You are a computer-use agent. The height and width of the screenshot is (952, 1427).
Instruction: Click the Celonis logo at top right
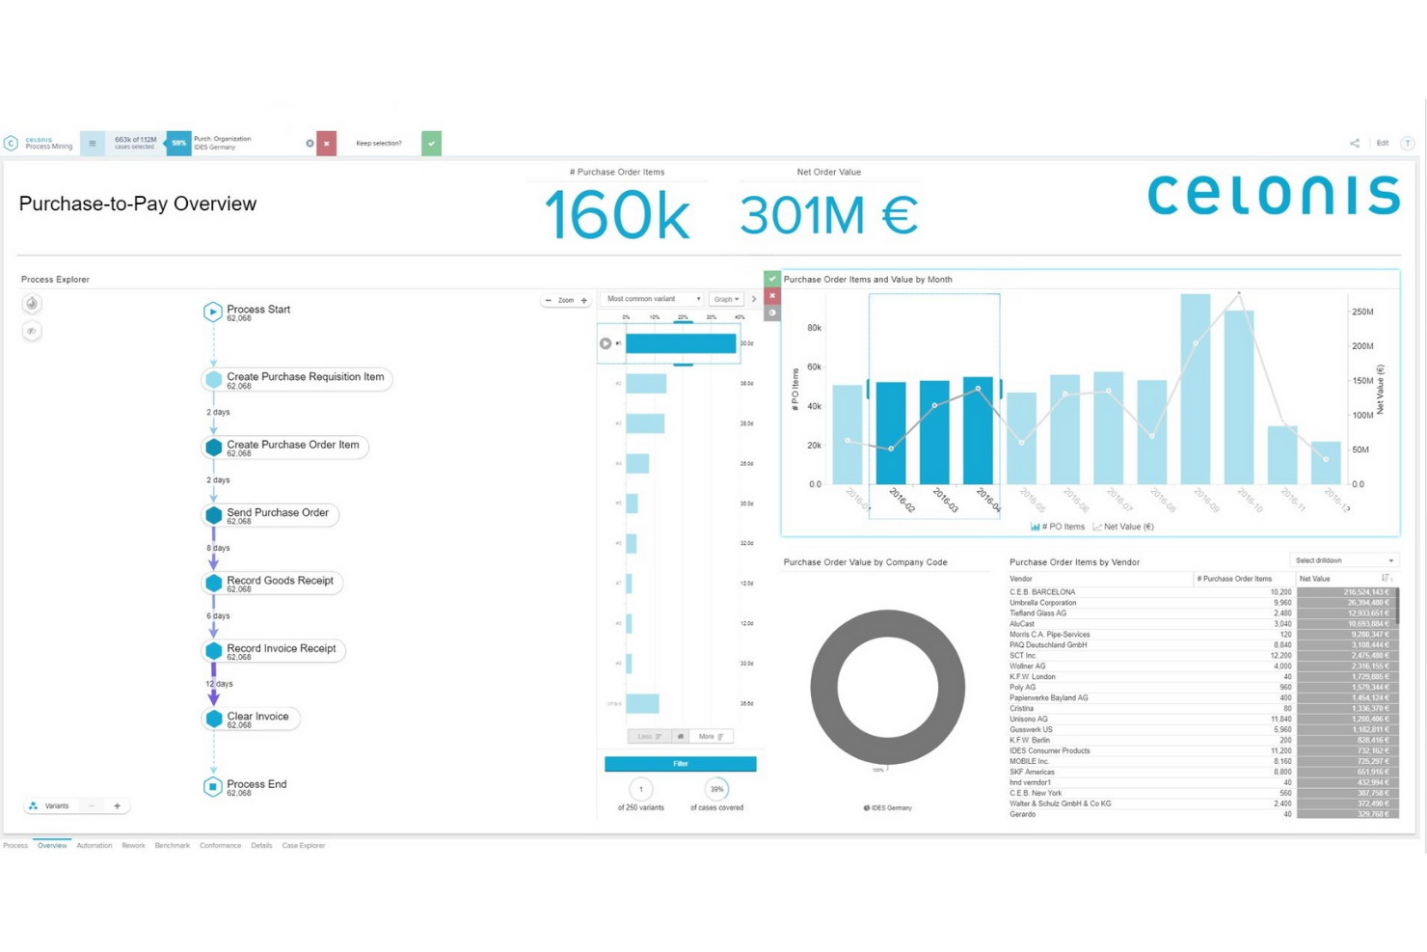(x=1273, y=195)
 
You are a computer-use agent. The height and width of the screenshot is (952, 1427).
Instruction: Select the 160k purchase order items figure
(x=617, y=215)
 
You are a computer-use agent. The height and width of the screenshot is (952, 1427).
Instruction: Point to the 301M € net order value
(x=828, y=215)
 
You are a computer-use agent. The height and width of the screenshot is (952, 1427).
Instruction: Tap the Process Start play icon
(x=213, y=312)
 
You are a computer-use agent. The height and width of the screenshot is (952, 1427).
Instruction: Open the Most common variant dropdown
(x=653, y=299)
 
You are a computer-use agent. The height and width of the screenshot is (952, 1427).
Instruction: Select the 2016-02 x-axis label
(x=902, y=500)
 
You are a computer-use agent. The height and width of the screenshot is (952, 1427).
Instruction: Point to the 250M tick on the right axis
(x=1362, y=312)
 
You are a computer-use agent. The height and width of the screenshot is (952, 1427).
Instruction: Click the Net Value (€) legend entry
(x=1123, y=527)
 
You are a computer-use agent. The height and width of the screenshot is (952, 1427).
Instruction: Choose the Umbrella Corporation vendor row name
(x=1042, y=603)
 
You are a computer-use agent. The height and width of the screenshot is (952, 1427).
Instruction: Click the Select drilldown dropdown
(x=1343, y=560)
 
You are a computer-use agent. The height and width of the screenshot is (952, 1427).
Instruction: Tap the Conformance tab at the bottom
(x=220, y=846)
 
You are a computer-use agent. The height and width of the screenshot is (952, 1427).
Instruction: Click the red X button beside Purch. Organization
(x=327, y=144)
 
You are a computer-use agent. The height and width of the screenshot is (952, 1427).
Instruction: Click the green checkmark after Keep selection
(x=431, y=144)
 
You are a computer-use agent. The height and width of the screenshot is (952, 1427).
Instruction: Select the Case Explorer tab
(x=303, y=846)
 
